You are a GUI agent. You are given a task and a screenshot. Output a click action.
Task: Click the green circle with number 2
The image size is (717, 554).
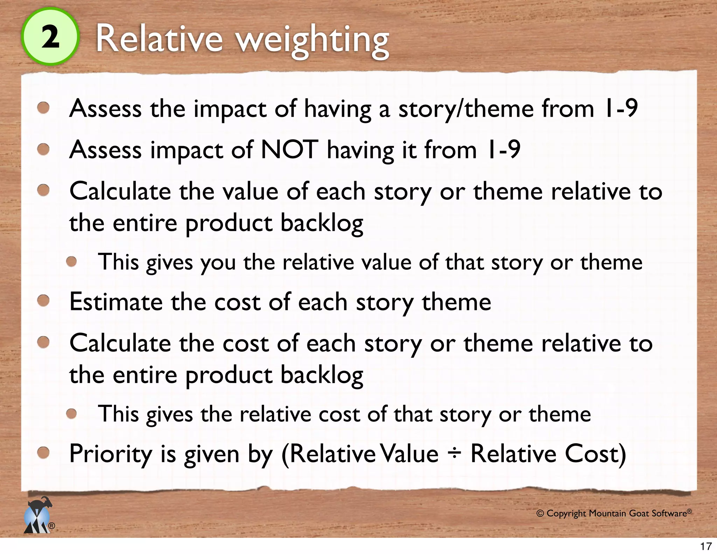point(50,37)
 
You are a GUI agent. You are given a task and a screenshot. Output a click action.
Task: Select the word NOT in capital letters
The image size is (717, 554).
point(290,150)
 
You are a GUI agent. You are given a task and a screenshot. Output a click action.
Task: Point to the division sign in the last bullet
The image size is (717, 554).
point(454,454)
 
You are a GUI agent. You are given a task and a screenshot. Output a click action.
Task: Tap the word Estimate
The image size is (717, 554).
point(116,302)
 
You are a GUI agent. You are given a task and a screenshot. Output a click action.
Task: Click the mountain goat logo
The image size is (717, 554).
point(38,515)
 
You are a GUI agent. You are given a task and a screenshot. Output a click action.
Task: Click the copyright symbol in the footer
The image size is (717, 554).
point(540,514)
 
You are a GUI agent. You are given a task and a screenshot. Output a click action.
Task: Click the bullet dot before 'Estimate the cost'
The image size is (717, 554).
point(43,301)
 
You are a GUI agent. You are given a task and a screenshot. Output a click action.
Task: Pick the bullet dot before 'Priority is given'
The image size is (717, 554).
point(43,453)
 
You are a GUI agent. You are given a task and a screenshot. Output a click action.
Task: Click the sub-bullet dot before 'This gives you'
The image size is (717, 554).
point(72,262)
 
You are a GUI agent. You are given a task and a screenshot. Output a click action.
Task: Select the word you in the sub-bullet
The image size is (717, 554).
point(218,263)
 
